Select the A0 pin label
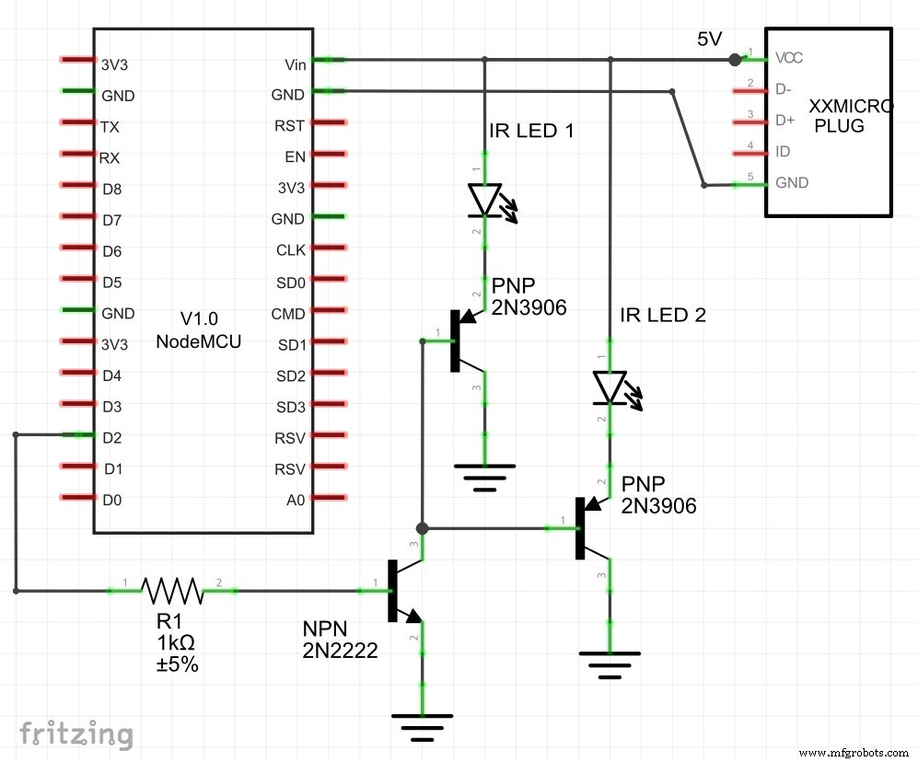pos(295,501)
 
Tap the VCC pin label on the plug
pos(789,57)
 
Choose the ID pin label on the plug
pos(784,151)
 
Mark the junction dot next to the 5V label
pos(734,60)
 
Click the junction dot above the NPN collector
pos(422,528)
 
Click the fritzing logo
pos(76,733)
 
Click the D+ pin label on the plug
pos(785,120)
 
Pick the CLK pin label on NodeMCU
pos(290,250)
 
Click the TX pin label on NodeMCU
pos(110,126)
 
